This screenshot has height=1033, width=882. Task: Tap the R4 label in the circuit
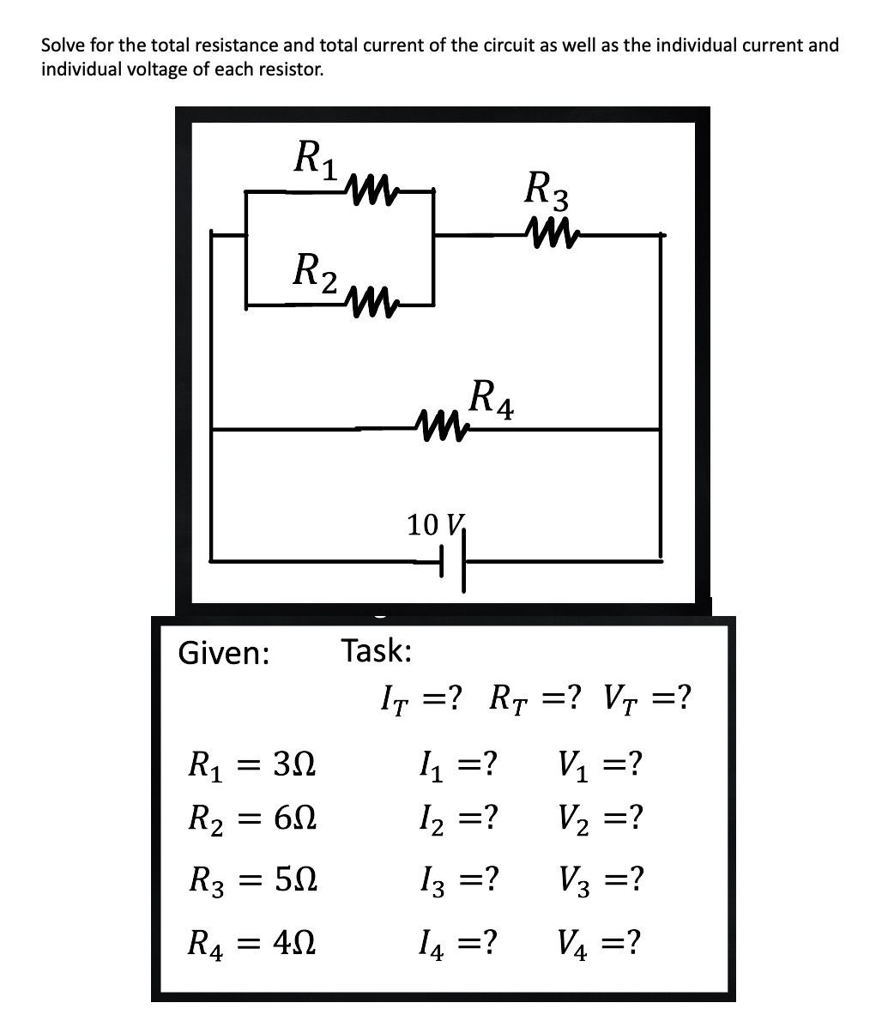click(x=492, y=401)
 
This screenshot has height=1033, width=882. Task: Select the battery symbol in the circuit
click(x=453, y=561)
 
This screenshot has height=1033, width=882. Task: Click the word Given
click(x=223, y=654)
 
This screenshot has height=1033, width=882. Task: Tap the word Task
click(x=377, y=650)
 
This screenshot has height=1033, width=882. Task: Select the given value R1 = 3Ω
click(x=252, y=763)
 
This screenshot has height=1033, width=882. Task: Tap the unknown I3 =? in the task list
click(x=456, y=879)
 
